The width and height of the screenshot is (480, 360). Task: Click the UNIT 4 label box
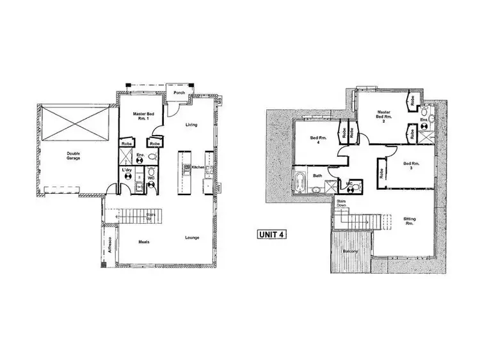271,235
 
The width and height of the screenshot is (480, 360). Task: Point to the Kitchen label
197,168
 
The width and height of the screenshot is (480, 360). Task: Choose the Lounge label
193,238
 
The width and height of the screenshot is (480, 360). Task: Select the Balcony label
349,251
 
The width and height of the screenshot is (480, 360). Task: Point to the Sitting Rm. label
410,221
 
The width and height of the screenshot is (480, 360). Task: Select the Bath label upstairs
317,175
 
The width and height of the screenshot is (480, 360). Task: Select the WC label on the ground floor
151,178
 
